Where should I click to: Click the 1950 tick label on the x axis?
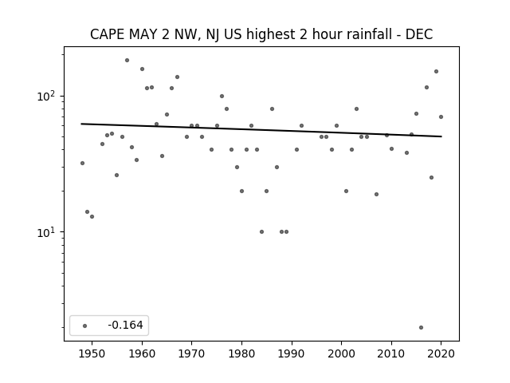(92, 354)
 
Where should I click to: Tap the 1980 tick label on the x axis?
(241, 354)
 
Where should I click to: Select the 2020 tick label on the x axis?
(441, 354)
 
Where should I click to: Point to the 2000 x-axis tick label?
(342, 354)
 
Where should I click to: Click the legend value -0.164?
(125, 325)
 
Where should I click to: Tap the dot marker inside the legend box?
(84, 326)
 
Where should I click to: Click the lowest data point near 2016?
(422, 328)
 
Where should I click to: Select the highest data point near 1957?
(127, 61)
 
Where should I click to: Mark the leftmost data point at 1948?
(82, 163)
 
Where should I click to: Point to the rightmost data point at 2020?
(441, 117)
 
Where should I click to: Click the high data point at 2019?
(436, 72)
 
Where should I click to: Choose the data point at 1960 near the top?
(142, 69)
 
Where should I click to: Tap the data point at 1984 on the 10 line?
(261, 232)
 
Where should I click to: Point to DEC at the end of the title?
(419, 34)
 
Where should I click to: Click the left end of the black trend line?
(81, 124)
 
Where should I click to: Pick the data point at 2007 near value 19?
(376, 195)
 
